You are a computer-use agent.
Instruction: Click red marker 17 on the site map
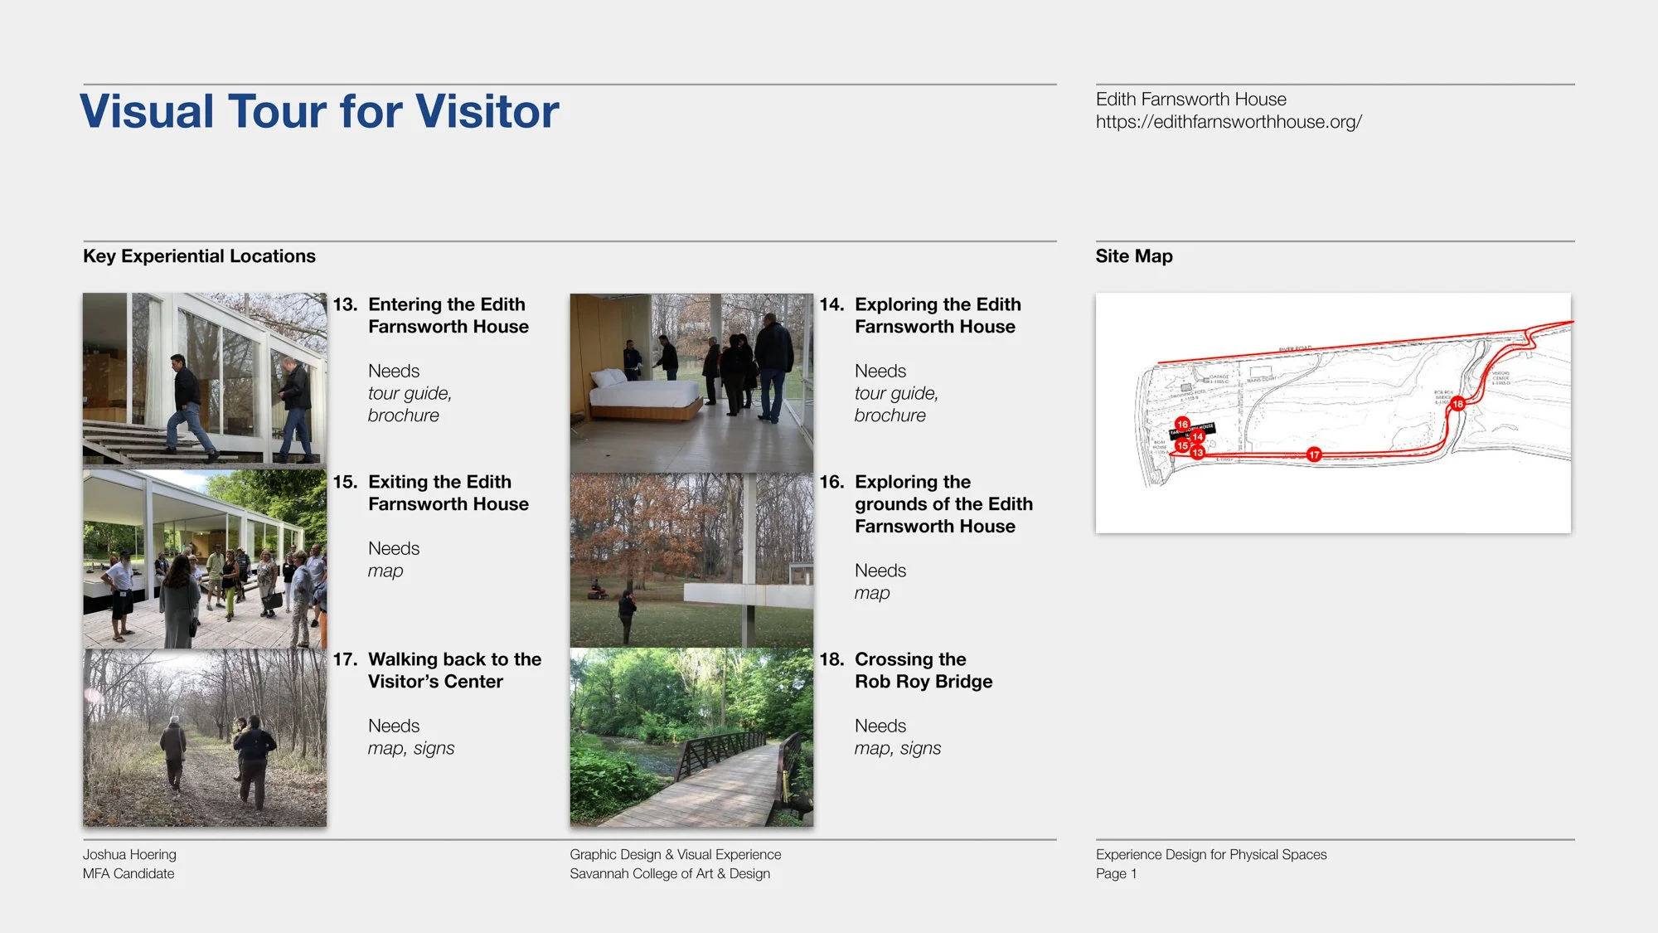click(x=1314, y=454)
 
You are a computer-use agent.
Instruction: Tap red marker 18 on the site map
click(x=1457, y=404)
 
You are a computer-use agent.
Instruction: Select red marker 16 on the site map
click(x=1182, y=424)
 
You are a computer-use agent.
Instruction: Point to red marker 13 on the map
click(x=1197, y=453)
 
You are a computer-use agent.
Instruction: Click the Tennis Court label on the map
click(x=1261, y=379)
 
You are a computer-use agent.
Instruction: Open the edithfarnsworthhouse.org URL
click(x=1229, y=122)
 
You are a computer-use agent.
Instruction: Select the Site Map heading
click(x=1133, y=256)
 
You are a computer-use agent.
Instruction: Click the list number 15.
click(x=345, y=482)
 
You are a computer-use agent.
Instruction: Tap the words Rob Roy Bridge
click(x=924, y=682)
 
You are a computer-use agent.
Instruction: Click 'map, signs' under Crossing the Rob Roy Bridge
click(x=898, y=748)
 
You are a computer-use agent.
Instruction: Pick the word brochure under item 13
click(x=404, y=415)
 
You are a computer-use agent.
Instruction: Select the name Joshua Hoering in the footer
click(x=129, y=854)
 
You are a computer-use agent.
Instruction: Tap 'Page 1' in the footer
click(x=1116, y=873)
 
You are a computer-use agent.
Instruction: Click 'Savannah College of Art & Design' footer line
click(x=670, y=873)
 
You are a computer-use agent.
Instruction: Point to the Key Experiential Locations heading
click(x=199, y=256)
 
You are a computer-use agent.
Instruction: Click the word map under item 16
click(x=872, y=593)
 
